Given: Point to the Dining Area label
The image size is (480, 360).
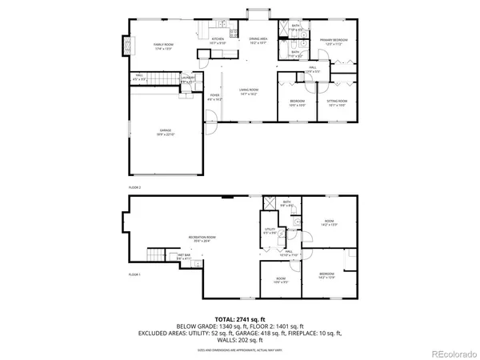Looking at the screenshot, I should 258,40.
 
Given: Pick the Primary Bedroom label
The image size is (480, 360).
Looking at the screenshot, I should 332,41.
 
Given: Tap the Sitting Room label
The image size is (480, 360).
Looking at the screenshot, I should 337,102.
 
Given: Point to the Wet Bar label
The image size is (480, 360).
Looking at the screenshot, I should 184,257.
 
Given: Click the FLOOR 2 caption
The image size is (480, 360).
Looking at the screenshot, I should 135,186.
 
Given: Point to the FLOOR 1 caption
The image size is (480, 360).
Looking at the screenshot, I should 135,274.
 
